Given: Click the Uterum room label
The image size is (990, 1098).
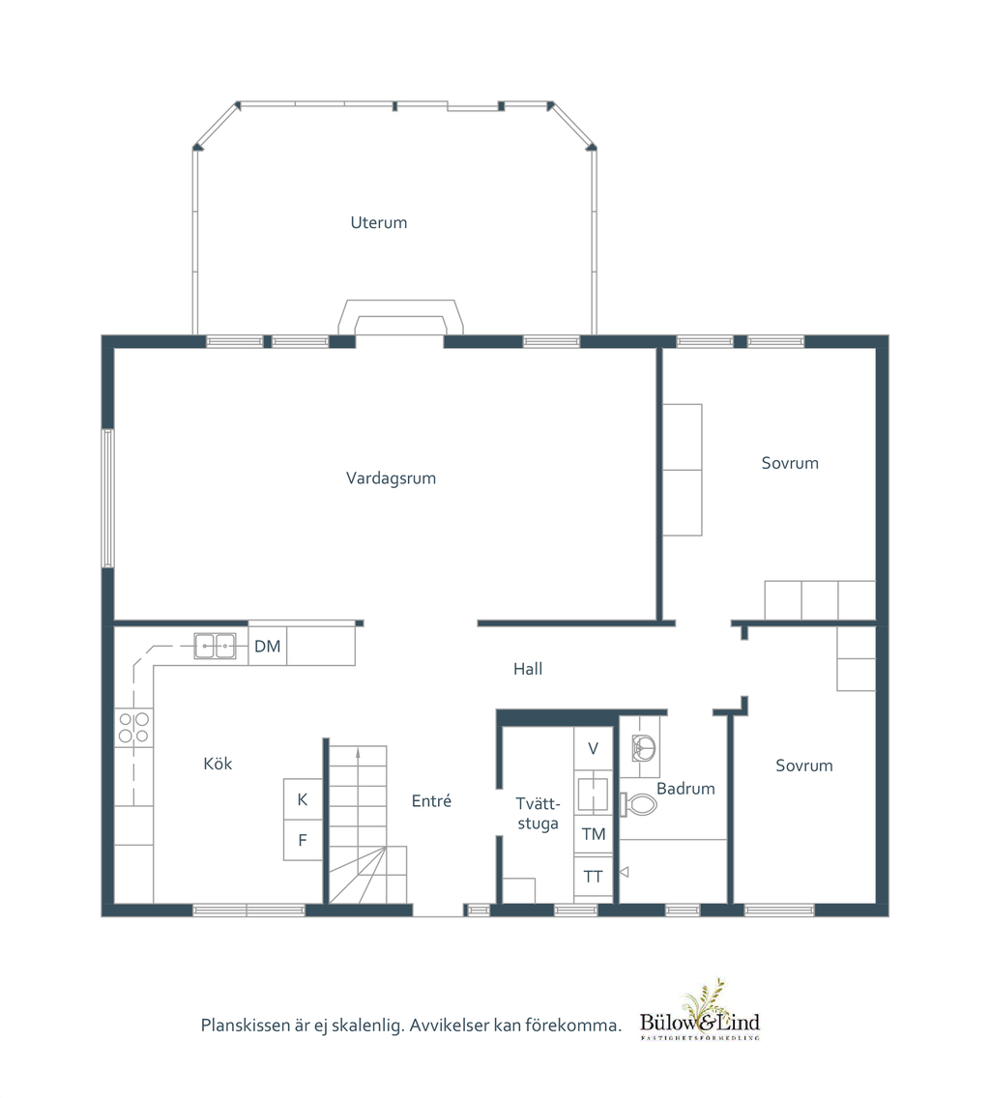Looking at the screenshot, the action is (x=378, y=222).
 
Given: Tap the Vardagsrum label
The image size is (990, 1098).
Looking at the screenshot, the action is (x=391, y=478).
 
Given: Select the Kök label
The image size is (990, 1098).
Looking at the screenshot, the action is (x=218, y=764).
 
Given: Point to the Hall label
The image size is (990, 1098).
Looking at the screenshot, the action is (x=528, y=669).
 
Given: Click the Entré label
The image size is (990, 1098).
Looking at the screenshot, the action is (x=431, y=800).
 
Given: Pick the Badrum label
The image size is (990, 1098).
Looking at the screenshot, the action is (x=685, y=789).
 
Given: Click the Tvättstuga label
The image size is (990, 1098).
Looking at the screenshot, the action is (x=539, y=813).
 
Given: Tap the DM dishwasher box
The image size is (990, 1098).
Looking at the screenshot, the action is (x=268, y=646).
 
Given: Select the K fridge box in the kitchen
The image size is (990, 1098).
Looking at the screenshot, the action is (x=303, y=799).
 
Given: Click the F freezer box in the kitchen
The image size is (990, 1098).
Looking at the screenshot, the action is (x=303, y=840).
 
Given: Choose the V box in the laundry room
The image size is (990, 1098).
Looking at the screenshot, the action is (x=593, y=748).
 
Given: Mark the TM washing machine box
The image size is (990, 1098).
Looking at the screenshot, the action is (x=593, y=834).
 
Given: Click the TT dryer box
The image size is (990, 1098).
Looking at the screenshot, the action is (x=593, y=876).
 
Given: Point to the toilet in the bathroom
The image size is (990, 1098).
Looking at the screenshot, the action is (x=638, y=804).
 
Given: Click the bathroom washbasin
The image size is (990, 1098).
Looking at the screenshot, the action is (x=644, y=747).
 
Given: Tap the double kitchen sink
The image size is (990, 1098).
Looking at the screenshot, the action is (x=215, y=646).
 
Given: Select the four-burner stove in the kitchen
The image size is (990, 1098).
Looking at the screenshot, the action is (x=133, y=728).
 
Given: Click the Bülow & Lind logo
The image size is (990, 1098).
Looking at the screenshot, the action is (x=700, y=1011).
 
